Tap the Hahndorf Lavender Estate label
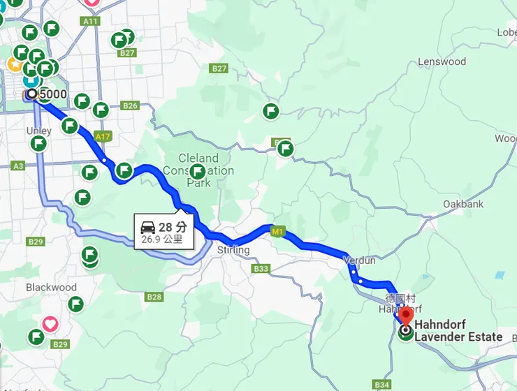tap(458, 331)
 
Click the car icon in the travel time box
tap(148, 228)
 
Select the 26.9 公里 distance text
tap(162, 239)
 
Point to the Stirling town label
tap(233, 250)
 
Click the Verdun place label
tap(361, 260)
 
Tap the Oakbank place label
tap(463, 204)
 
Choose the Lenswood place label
tap(442, 61)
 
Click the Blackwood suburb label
tap(51, 287)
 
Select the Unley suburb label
tap(38, 131)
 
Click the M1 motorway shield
tap(279, 231)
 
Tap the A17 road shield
tap(103, 136)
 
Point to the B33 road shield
tap(261, 269)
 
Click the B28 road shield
tap(154, 297)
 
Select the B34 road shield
tap(381, 385)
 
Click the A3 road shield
tap(18, 165)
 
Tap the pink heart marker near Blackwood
tap(50, 324)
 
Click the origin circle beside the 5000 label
tap(31, 94)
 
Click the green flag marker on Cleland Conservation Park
tap(198, 171)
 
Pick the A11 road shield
tap(90, 22)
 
